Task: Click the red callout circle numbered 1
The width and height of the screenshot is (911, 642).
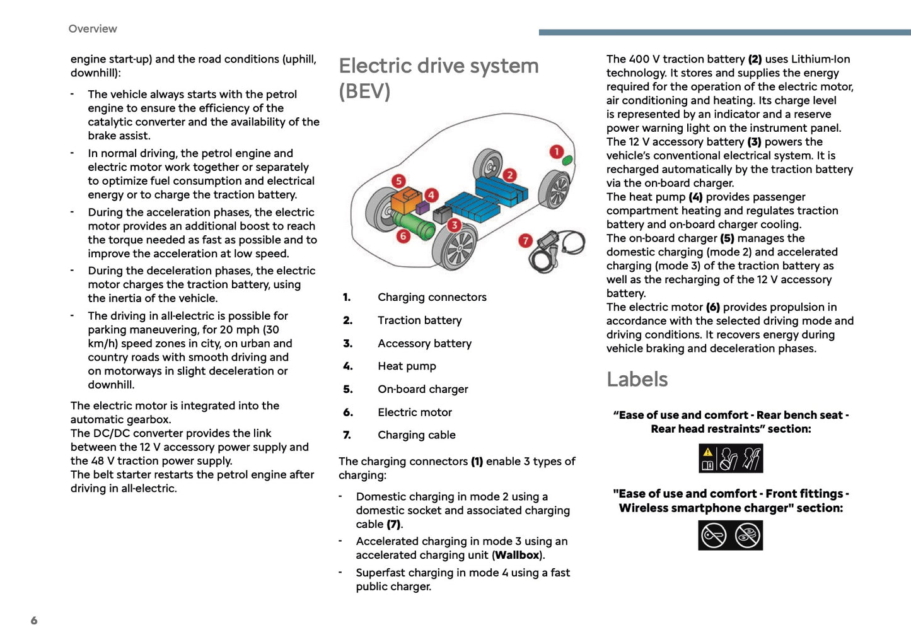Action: [x=556, y=151]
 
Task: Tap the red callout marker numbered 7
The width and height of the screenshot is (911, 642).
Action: [x=525, y=240]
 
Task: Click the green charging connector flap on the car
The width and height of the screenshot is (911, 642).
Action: [x=567, y=160]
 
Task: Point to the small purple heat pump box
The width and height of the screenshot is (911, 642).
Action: [x=422, y=207]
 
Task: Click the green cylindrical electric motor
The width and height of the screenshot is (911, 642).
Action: [x=414, y=225]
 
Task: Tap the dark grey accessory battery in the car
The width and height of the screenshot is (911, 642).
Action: [x=443, y=214]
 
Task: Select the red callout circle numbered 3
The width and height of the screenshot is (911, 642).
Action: [x=454, y=225]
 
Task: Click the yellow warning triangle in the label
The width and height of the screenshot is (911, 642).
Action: [x=708, y=452]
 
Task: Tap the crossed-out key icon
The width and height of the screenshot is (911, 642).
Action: [x=714, y=535]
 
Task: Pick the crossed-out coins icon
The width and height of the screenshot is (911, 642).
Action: [x=748, y=535]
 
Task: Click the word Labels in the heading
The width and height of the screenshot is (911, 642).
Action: [x=637, y=379]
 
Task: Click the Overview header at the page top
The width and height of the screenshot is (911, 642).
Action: [x=93, y=28]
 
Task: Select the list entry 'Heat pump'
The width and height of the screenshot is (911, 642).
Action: [x=407, y=366]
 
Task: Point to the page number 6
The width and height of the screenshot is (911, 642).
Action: [x=34, y=621]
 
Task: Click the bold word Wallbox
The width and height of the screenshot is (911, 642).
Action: [x=518, y=555]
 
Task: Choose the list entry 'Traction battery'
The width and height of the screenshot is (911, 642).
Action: [x=419, y=320]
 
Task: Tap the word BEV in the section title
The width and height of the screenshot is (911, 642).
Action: [x=364, y=91]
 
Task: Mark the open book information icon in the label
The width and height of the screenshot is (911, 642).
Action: [x=708, y=465]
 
